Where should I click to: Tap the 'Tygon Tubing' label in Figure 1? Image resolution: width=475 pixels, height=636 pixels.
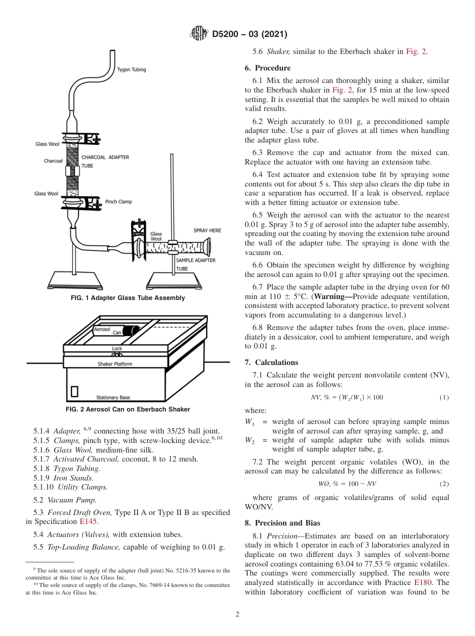131,69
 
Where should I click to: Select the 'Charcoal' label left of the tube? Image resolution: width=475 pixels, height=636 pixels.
53,161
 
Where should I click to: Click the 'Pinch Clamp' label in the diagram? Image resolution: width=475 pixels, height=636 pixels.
118,202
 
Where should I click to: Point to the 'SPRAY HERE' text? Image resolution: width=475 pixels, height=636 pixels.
207,230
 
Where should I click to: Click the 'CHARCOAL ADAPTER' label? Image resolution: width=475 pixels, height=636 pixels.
105,157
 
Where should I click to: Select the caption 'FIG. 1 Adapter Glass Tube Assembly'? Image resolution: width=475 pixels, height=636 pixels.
128,298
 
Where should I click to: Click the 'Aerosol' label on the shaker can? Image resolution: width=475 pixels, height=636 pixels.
102,329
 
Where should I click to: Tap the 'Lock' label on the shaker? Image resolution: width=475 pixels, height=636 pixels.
117,348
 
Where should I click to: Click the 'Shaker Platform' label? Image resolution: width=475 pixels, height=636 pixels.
115,364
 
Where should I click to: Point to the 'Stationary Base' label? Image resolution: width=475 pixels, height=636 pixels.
113,397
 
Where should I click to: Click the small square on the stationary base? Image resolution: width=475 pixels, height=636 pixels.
74,391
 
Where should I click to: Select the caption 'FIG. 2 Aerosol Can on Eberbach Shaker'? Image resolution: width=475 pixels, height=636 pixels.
128,409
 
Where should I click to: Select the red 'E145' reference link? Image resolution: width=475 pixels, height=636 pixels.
88,521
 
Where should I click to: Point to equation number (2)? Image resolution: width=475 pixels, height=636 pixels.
444,484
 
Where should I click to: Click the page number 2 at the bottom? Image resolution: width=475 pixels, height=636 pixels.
237,614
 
